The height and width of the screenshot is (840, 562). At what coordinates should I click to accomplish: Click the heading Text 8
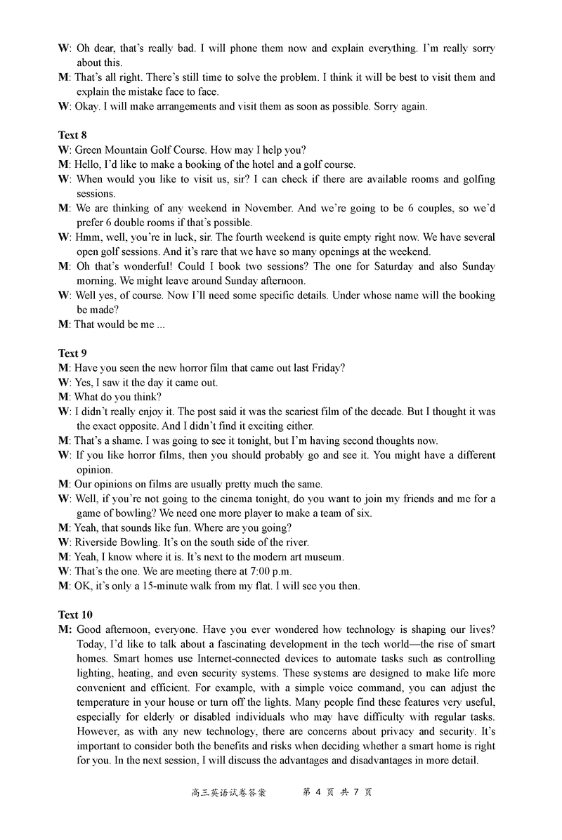(72, 135)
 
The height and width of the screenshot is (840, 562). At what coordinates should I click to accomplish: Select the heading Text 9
(72, 353)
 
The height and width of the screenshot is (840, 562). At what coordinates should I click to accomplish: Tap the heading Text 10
(75, 615)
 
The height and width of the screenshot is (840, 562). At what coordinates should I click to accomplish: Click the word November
(268, 208)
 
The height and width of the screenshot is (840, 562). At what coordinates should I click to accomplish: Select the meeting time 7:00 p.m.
(268, 571)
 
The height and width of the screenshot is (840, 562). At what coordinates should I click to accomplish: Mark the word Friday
(327, 368)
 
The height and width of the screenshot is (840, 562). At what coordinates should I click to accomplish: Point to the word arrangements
(183, 107)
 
